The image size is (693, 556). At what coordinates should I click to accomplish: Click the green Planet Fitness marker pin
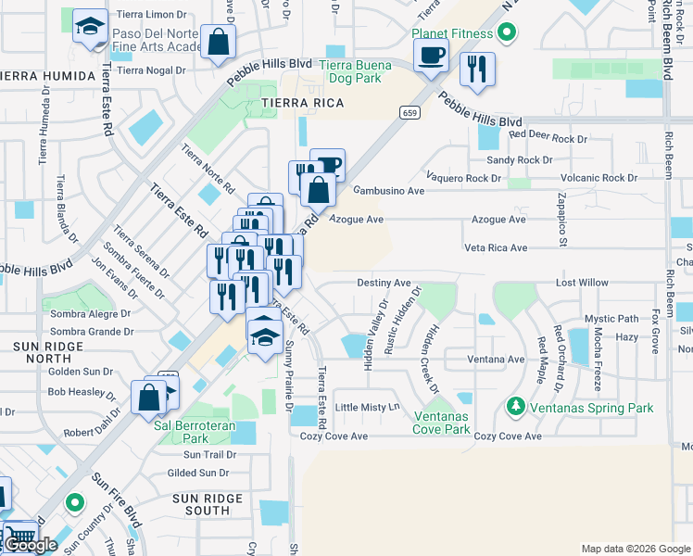pos(506,36)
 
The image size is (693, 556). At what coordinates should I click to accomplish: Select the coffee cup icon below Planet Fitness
pos(432,57)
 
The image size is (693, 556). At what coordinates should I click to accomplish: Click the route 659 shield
pos(409,112)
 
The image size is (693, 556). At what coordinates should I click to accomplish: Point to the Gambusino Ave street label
pos(388,190)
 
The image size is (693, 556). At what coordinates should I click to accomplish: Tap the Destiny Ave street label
pos(384,283)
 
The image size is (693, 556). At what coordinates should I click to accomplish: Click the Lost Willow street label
pos(582,283)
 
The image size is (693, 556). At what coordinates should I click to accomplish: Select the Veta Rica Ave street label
pos(495,248)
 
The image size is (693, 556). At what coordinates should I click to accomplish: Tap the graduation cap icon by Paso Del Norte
pos(90,27)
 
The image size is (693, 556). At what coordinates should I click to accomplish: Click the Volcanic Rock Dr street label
pos(598,178)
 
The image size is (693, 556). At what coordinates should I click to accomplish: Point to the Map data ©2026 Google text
pos(635,549)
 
